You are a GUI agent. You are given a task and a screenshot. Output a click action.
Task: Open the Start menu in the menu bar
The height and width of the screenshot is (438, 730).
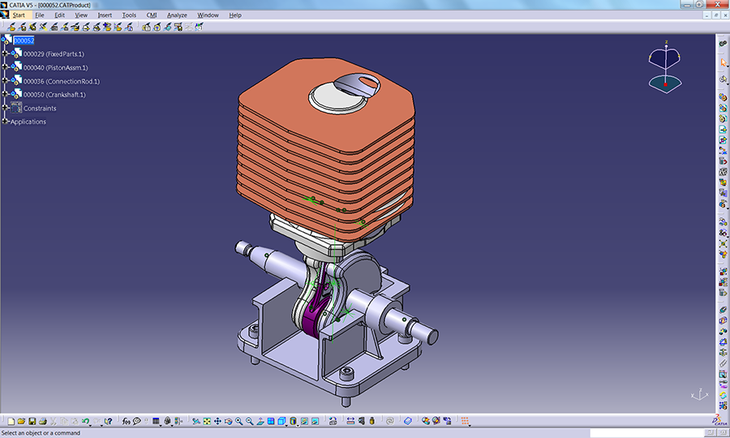coord(18,15)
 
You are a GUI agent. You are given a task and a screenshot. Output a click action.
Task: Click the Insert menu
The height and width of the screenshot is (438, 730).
coord(105,15)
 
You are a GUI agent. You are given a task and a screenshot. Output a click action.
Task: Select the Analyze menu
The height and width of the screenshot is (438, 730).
coord(177,15)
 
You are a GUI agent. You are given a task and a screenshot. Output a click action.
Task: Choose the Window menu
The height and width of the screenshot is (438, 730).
coord(208,15)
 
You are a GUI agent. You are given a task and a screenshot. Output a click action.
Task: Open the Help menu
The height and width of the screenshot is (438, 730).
coord(235,15)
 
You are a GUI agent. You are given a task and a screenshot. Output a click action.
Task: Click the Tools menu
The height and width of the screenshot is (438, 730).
coord(129,15)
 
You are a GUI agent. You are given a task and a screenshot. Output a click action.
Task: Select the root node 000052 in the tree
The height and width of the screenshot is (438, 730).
coord(24,41)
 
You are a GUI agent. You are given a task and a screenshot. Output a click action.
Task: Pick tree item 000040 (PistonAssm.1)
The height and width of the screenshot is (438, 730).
coord(56,68)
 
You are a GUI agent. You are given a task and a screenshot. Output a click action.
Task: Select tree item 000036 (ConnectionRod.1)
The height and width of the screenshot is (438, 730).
coord(62,81)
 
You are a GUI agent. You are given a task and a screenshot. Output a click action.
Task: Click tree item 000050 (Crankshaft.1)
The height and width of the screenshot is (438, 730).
coord(54,95)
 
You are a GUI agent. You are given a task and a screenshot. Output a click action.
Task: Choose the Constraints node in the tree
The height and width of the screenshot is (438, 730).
coord(40,109)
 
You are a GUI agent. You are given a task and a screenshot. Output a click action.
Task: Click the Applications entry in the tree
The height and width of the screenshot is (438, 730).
coord(28,122)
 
